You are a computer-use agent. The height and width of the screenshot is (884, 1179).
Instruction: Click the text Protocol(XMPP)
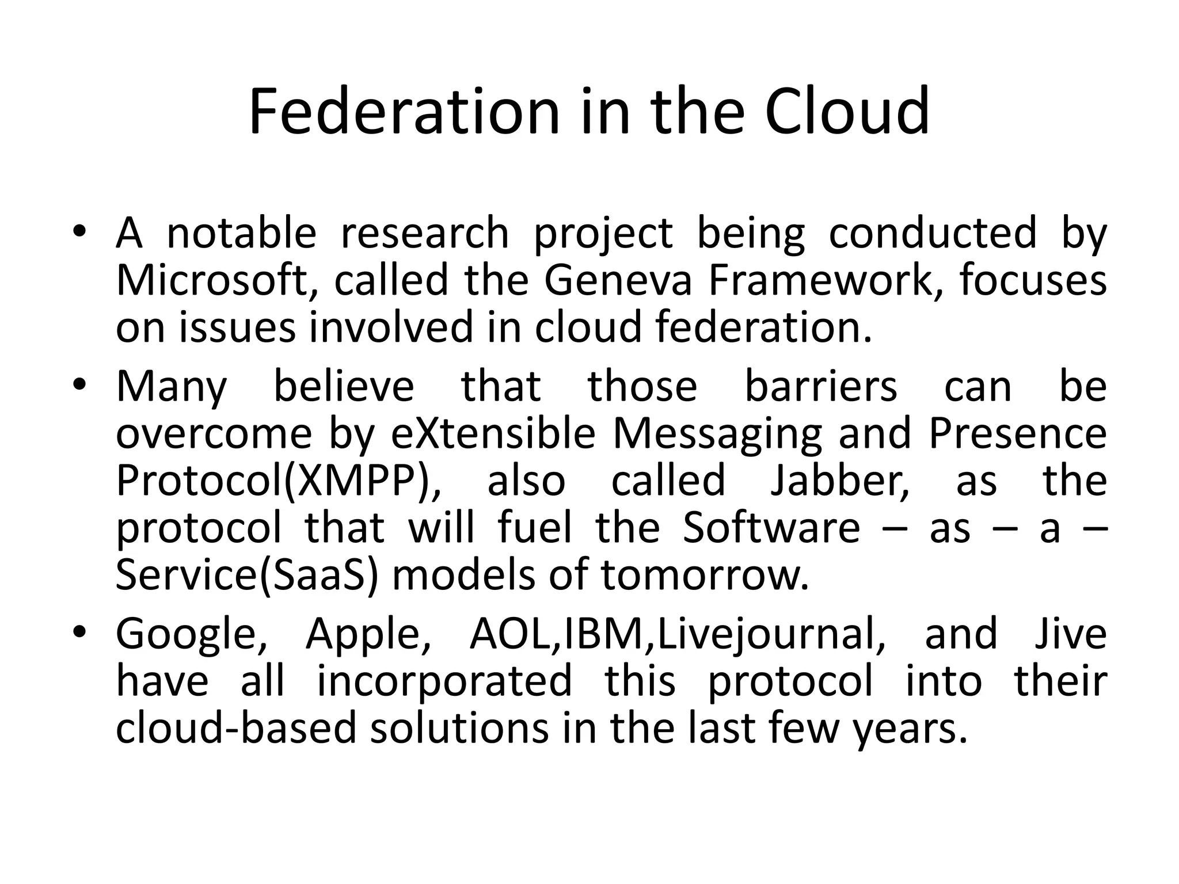pyautogui.click(x=279, y=481)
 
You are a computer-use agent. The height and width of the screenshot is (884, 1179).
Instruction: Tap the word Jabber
pyautogui.click(x=840, y=481)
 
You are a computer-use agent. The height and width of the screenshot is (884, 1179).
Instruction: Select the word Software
pyautogui.click(x=771, y=528)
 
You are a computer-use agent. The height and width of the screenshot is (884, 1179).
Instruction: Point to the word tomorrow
pyautogui.click(x=705, y=575)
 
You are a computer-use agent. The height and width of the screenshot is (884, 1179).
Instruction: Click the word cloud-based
pyautogui.click(x=237, y=728)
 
